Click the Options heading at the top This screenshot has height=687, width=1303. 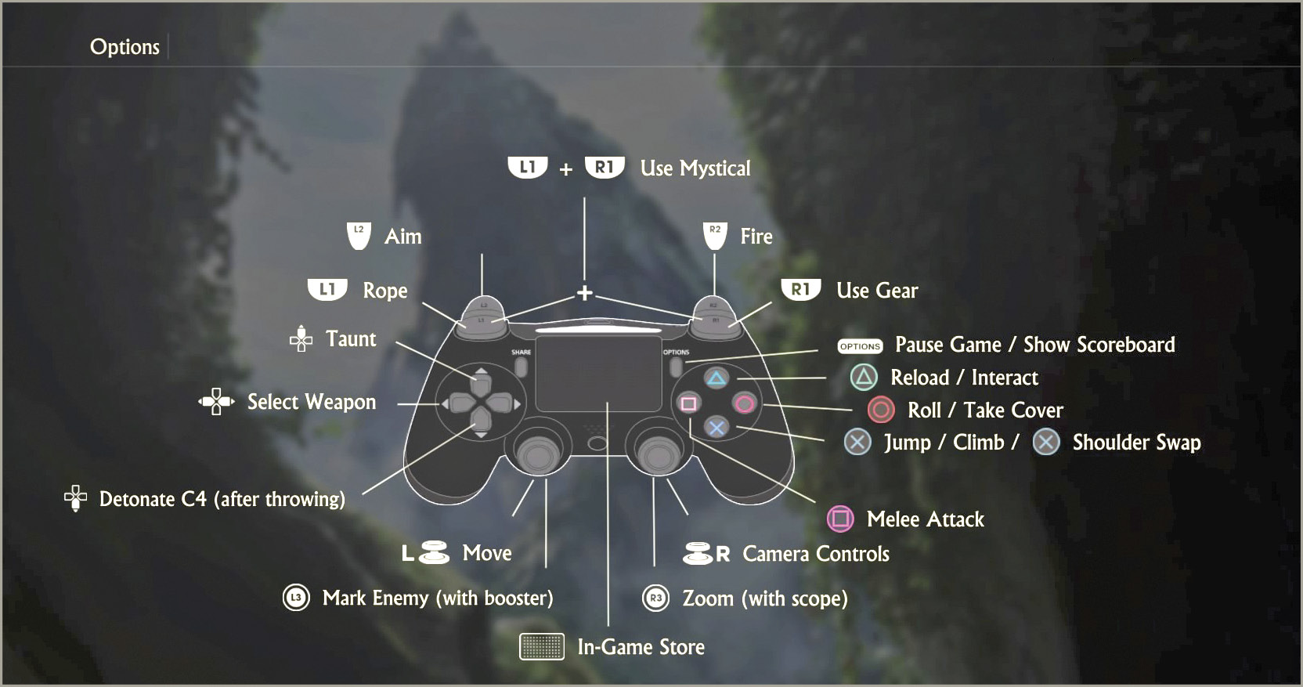(x=125, y=46)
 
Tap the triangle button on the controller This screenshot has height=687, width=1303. (x=716, y=378)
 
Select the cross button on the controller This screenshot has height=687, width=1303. (x=716, y=428)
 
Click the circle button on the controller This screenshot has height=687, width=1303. (x=745, y=403)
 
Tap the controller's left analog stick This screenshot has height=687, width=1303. (x=538, y=454)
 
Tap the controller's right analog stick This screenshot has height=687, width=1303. (x=659, y=454)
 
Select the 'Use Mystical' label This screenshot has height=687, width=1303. (x=695, y=168)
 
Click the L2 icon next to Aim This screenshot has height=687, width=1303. (x=359, y=236)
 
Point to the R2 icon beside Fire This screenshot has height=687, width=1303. (x=715, y=236)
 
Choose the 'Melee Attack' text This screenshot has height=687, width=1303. (x=926, y=519)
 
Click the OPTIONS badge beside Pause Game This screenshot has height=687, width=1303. (x=860, y=346)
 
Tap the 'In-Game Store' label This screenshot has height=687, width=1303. (x=641, y=647)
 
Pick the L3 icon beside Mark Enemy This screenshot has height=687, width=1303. (x=296, y=598)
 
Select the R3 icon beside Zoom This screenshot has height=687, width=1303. (x=655, y=598)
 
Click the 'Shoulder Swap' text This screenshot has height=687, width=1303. (x=1137, y=443)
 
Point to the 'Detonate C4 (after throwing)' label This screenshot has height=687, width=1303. (x=222, y=499)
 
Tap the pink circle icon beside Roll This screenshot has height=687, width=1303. (x=881, y=410)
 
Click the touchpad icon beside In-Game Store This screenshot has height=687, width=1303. (x=542, y=647)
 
